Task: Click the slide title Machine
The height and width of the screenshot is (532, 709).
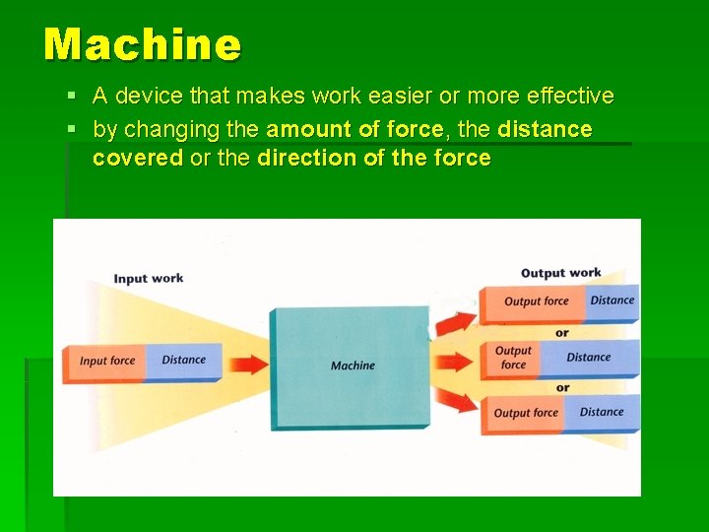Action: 142,44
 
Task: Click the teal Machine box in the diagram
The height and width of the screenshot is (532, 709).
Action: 352,366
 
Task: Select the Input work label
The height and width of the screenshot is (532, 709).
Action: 148,278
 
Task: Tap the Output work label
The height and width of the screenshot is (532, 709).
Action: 560,273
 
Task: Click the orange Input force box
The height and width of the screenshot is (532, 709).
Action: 105,361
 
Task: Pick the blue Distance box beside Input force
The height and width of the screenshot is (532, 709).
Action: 184,361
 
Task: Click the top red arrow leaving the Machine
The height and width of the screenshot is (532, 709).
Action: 455,321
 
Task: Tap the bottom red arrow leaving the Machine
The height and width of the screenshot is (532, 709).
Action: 456,401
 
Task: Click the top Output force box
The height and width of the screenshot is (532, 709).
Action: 534,301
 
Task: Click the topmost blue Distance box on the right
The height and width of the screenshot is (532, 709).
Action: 612,300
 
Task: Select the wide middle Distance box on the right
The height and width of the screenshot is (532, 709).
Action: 589,358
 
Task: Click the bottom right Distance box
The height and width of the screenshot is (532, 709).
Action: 601,413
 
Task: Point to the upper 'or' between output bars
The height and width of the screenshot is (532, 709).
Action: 561,332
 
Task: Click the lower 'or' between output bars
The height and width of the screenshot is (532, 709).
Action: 561,387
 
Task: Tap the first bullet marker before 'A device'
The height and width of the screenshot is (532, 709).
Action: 74,97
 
